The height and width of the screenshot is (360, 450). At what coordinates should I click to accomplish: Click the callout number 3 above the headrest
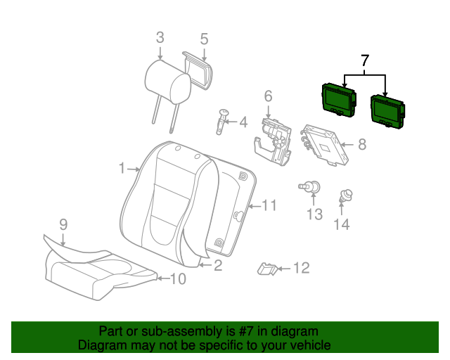160,38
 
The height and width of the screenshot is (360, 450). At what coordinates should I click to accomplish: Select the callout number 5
204,39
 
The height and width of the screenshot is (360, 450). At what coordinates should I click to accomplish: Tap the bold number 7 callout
365,60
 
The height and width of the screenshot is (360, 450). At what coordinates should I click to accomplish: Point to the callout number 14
342,224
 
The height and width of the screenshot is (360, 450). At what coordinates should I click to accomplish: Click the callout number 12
302,268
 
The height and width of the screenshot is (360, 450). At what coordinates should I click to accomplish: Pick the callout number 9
63,224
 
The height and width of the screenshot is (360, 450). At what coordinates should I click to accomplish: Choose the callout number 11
269,205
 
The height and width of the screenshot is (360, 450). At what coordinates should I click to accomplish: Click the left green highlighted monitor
339,100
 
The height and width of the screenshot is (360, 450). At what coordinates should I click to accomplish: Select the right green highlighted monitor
388,112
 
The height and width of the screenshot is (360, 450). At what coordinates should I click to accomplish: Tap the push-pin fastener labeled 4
222,122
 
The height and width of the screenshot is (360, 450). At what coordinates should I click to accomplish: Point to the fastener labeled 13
310,187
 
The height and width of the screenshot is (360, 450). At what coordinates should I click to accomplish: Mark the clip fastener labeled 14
346,196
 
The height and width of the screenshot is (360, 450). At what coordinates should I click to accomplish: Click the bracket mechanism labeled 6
274,142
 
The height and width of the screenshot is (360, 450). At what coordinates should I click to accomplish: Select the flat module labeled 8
324,145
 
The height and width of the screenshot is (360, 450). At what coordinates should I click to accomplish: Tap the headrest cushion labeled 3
168,82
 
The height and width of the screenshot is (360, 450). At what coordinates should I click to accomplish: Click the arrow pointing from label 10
163,278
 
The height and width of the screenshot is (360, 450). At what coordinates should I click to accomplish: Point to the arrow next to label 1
134,169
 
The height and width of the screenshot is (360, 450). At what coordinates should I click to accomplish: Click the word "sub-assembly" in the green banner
182,332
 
